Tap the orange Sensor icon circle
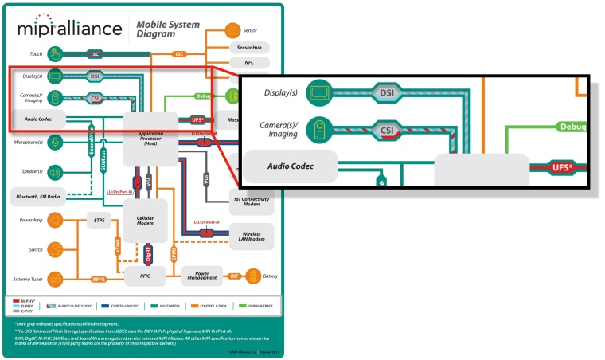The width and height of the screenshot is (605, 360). [232, 30]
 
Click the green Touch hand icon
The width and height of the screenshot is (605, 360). [54, 54]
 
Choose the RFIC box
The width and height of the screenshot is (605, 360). [144, 276]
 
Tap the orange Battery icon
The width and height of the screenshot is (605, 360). [253, 276]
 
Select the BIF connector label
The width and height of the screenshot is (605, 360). [233, 276]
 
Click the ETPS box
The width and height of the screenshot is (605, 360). [100, 220]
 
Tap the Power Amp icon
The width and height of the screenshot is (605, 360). [54, 220]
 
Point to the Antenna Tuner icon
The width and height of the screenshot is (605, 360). [54, 278]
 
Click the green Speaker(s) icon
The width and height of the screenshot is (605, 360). [54, 171]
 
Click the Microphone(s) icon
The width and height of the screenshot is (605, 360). [54, 142]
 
